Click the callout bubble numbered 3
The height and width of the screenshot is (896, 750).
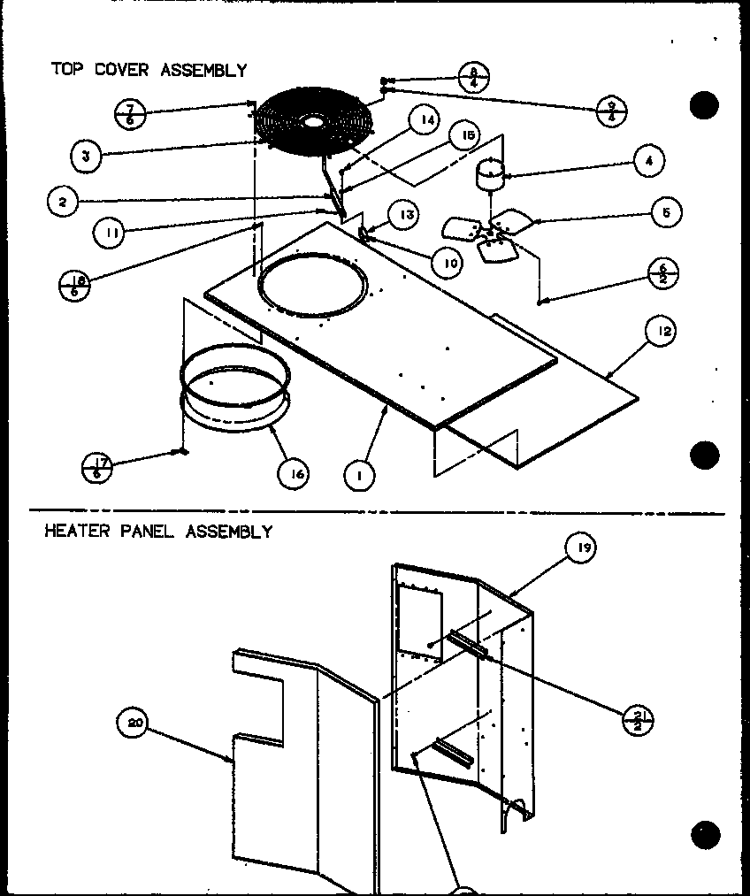coord(84,156)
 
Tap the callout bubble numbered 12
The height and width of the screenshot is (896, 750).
coord(663,332)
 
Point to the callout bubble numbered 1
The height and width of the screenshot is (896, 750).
coord(359,476)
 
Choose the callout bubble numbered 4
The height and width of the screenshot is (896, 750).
coord(649,161)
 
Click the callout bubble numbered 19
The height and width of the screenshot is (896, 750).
coord(580,548)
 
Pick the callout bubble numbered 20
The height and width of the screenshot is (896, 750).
coord(132,723)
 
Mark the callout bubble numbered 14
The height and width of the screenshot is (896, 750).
coord(426,119)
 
